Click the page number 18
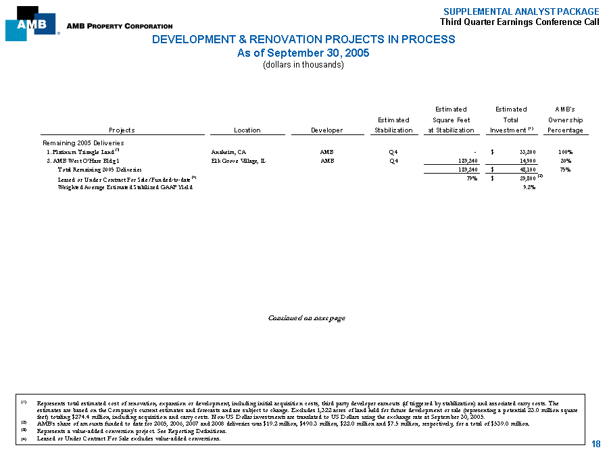pyautogui.click(x=595, y=443)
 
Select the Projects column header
pyautogui.click(x=122, y=130)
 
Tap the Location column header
pyautogui.click(x=247, y=130)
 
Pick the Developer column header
pyautogui.click(x=327, y=130)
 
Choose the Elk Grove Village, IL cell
pyautogui.click(x=239, y=161)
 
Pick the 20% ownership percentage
pyautogui.click(x=566, y=161)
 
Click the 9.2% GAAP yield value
pyautogui.click(x=529, y=187)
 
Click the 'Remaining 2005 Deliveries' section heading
pyautogui.click(x=83, y=143)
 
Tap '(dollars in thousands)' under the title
pyautogui.click(x=303, y=65)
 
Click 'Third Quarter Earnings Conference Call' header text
pyautogui.click(x=519, y=22)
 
